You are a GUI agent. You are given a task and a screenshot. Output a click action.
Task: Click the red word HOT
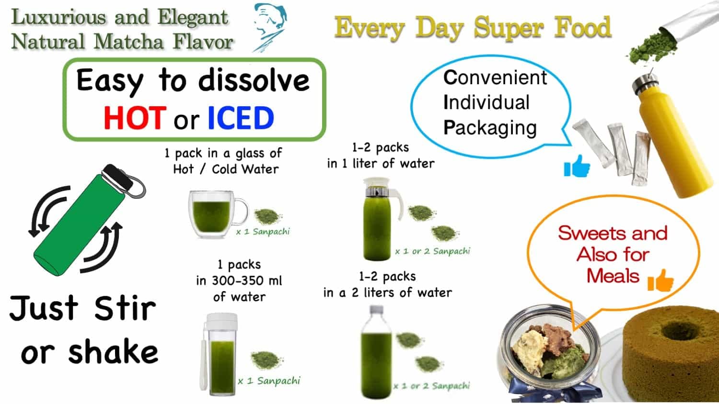coord(135,118)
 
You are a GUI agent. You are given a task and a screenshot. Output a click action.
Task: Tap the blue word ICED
coord(240,118)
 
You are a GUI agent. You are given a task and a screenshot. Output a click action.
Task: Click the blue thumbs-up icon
coord(577,166)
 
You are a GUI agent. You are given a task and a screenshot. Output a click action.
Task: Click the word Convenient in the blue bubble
coord(495,78)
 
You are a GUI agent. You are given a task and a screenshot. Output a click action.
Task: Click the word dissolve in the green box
coord(254,81)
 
